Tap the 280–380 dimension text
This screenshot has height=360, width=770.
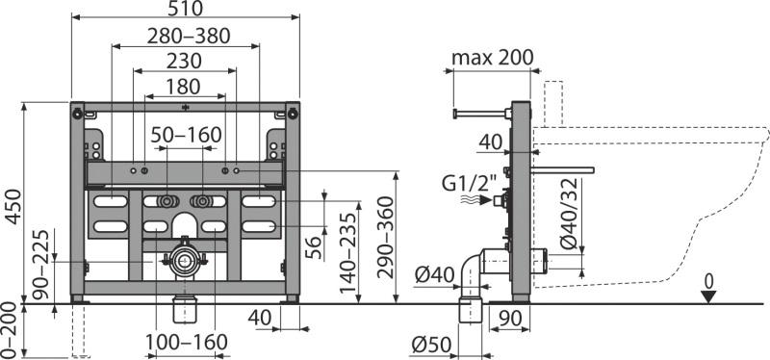(189, 36)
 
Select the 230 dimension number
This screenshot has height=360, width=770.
(184, 61)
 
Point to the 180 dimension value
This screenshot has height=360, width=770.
(183, 87)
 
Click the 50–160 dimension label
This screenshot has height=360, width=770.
(187, 135)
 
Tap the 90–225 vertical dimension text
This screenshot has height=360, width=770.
(41, 265)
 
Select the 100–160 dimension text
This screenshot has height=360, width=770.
(187, 343)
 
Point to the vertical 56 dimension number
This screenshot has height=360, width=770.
(314, 247)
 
